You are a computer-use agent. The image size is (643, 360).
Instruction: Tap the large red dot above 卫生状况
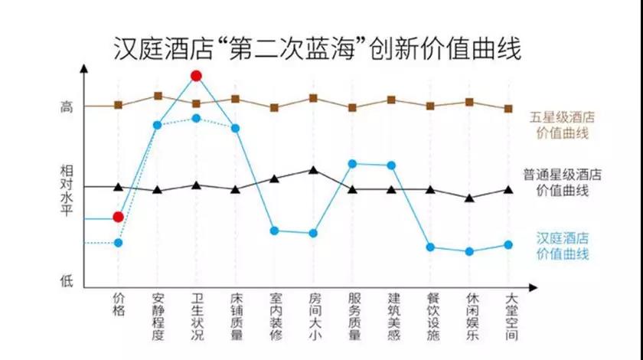tap(196, 76)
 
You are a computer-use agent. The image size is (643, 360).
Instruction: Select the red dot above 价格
tap(118, 217)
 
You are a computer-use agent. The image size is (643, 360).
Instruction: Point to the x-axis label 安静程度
tap(157, 317)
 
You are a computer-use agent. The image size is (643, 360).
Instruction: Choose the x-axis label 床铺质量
tap(235, 317)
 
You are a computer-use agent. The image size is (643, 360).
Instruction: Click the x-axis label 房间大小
tap(313, 317)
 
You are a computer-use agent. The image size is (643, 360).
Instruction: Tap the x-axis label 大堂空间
tap(508, 317)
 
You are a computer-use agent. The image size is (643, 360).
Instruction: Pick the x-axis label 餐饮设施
tap(430, 317)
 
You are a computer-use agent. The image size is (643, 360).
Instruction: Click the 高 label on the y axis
tap(67, 108)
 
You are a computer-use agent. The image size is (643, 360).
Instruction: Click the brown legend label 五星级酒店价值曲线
tap(562, 126)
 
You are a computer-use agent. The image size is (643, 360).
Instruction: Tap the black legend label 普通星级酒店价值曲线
tap(562, 182)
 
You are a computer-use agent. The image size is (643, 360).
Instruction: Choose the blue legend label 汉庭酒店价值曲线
tap(562, 245)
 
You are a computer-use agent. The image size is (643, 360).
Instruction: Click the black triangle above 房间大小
tap(313, 169)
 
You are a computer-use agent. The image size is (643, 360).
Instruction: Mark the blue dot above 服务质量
tap(352, 164)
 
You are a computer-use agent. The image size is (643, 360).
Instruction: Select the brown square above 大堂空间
tap(508, 109)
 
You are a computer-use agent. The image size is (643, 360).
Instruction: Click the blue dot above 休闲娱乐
tap(469, 251)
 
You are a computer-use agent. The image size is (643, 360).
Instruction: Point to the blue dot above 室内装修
tap(274, 231)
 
